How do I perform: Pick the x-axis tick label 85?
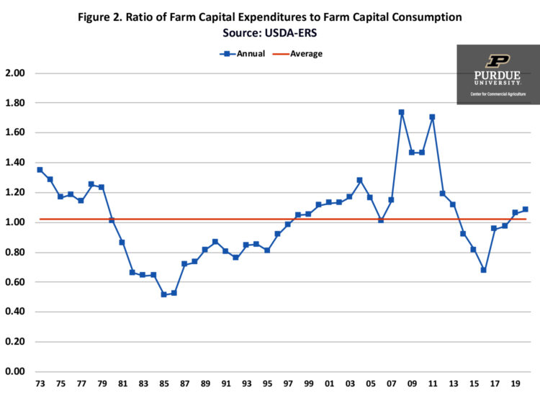[x=164, y=383]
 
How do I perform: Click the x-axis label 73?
[x=40, y=383]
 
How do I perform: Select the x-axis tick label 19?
[x=515, y=383]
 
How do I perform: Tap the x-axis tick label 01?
[x=329, y=383]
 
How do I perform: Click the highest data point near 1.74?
[x=401, y=112]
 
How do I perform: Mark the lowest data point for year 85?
[x=164, y=294]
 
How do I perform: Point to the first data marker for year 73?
[x=40, y=170]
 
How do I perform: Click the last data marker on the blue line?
[x=525, y=209]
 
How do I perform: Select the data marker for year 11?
[x=432, y=117]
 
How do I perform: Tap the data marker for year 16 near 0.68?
[x=484, y=270]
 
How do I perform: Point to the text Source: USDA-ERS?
[x=270, y=32]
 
